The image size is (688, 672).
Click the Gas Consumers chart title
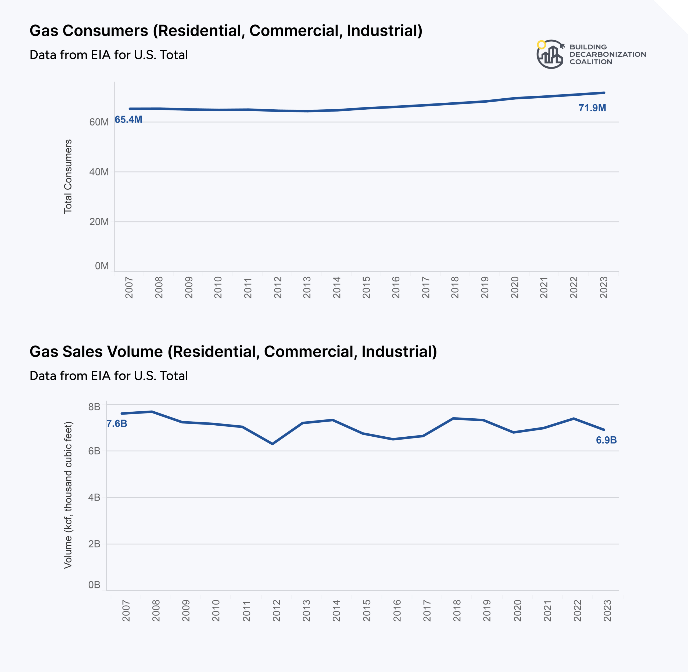pyautogui.click(x=226, y=31)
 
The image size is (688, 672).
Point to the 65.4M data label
pyautogui.click(x=128, y=120)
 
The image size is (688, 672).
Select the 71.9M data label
pyautogui.click(x=592, y=108)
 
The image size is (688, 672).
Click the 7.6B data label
pyautogui.click(x=117, y=423)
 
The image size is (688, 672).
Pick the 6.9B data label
pyautogui.click(x=606, y=440)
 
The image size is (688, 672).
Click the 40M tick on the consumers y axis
pyautogui.click(x=99, y=172)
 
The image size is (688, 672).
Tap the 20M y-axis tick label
pyautogui.click(x=99, y=222)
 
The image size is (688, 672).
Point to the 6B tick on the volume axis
pyautogui.click(x=94, y=451)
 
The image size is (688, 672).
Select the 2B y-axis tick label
pyautogui.click(x=94, y=544)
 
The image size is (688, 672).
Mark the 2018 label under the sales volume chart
pyautogui.click(x=457, y=610)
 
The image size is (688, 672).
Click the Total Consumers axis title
pyautogui.click(x=68, y=177)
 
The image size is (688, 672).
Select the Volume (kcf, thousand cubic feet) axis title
pyautogui.click(x=68, y=495)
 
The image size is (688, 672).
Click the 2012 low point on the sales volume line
pyautogui.click(x=273, y=444)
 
